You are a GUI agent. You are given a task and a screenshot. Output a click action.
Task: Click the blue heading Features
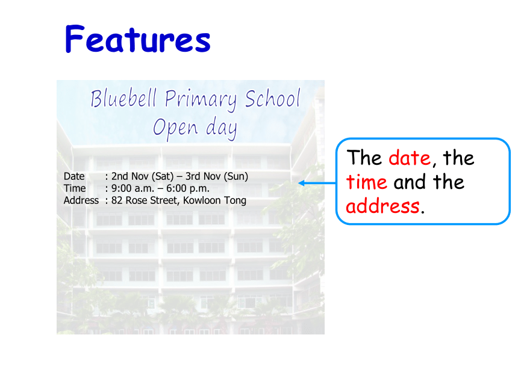pyautogui.click(x=138, y=39)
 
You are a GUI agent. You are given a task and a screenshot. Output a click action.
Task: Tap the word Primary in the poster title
pyautogui.click(x=201, y=100)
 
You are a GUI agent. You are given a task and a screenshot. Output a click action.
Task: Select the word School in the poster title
pyautogui.click(x=272, y=98)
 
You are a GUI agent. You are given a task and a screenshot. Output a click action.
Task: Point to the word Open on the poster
pyautogui.click(x=175, y=128)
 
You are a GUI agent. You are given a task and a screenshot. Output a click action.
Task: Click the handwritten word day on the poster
pyautogui.click(x=222, y=128)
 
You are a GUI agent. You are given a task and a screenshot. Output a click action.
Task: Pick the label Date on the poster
pyautogui.click(x=74, y=176)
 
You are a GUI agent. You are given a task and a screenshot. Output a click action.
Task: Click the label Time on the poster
pyautogui.click(x=75, y=188)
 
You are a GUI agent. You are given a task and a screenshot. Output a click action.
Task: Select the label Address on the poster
pyautogui.click(x=81, y=200)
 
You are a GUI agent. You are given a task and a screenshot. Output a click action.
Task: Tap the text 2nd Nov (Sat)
pyautogui.click(x=142, y=176)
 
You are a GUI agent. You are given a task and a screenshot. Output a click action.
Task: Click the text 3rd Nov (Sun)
pyautogui.click(x=217, y=176)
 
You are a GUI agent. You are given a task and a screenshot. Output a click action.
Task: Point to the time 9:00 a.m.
pyautogui.click(x=133, y=189)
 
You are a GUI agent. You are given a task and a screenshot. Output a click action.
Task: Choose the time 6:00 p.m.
pyautogui.click(x=188, y=189)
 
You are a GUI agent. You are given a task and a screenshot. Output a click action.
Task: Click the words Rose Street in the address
pyautogui.click(x=152, y=200)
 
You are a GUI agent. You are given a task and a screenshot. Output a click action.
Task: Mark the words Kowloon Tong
pyautogui.click(x=215, y=200)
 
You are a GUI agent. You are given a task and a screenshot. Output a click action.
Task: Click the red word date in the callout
pyautogui.click(x=410, y=158)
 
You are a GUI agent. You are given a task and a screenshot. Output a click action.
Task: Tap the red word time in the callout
pyautogui.click(x=366, y=182)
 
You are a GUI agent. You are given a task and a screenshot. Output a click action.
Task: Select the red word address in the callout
pyautogui.click(x=383, y=206)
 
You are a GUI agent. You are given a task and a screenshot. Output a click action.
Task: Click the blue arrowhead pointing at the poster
pyautogui.click(x=301, y=183)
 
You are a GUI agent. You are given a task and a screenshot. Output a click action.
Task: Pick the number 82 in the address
pyautogui.click(x=117, y=200)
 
